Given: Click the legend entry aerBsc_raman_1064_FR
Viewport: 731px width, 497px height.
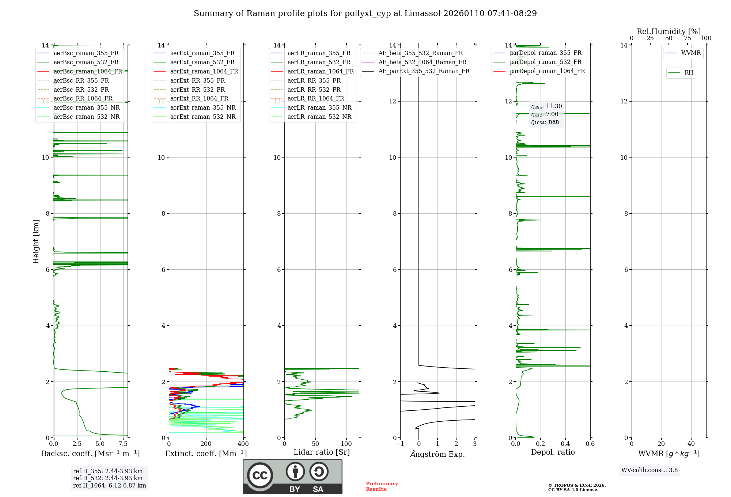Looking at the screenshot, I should (x=88, y=72).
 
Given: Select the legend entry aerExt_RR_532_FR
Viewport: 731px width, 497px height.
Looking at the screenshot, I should (x=197, y=90).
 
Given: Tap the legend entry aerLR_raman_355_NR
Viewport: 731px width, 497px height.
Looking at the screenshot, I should (x=319, y=108).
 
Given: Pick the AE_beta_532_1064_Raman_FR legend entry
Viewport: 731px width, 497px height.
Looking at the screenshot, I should (x=422, y=62).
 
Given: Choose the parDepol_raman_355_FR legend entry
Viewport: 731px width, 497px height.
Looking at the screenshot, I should (x=545, y=53).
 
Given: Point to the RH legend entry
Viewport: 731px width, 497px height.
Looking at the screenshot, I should (x=689, y=73).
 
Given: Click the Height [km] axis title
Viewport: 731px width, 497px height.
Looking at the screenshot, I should (x=36, y=242).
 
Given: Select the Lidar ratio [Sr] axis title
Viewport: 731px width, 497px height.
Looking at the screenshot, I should (x=322, y=452).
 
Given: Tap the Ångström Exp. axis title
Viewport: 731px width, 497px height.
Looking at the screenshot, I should (x=438, y=454).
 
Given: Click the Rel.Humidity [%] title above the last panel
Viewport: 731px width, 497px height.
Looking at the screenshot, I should (x=668, y=31).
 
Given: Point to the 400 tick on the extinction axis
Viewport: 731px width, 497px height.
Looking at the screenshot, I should (x=243, y=444).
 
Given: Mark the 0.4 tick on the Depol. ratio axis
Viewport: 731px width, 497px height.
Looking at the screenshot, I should (x=565, y=444).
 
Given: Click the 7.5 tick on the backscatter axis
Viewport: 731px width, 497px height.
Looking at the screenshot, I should (x=123, y=444).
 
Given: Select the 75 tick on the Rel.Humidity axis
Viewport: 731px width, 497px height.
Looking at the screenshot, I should (x=687, y=38).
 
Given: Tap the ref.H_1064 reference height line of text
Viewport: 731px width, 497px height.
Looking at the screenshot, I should (x=109, y=486).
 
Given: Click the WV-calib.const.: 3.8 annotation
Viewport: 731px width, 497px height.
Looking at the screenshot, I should (x=649, y=470).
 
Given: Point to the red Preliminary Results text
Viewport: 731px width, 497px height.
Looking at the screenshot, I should (x=382, y=486).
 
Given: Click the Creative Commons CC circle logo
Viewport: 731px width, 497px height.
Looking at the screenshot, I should (x=260, y=475).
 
